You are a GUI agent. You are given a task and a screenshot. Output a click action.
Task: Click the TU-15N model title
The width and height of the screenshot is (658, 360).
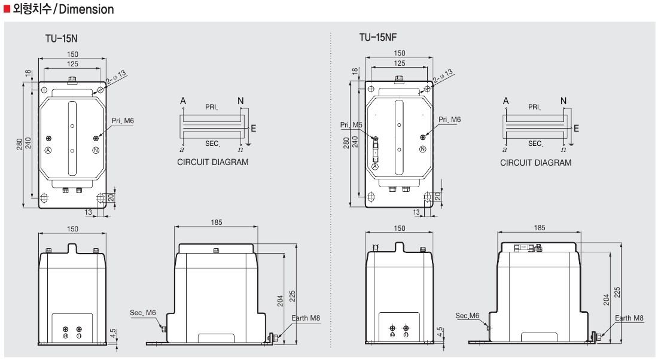coord(61,39)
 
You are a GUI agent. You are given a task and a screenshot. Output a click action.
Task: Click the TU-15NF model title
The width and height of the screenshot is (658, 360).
coord(377,37)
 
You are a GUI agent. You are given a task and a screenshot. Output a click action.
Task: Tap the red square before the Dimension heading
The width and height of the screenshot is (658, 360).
coord(7,8)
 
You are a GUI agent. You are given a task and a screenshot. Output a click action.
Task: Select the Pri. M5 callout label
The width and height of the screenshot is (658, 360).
coord(351,124)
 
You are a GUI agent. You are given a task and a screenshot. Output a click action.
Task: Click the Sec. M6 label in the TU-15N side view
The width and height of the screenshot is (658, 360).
coord(143,313)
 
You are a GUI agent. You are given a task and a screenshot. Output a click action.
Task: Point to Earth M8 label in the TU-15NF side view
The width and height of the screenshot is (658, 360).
coord(629,318)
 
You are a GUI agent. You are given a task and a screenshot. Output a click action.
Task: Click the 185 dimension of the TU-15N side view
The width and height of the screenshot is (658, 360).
coord(217,222)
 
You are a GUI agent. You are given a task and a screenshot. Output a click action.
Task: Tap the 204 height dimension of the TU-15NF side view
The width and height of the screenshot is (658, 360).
coord(607,300)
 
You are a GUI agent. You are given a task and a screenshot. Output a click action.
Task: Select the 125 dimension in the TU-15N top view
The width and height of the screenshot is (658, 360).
coord(72,64)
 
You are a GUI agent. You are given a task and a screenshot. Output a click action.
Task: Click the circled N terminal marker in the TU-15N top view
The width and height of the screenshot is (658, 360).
coord(96,150)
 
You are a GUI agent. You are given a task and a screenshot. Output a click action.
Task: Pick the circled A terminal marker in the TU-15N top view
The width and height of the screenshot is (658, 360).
coord(48,150)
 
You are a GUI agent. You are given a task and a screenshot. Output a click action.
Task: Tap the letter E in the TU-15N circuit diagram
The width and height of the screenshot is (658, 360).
coord(254,129)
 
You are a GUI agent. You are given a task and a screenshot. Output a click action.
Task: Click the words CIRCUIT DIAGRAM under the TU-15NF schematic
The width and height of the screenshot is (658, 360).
coord(535,163)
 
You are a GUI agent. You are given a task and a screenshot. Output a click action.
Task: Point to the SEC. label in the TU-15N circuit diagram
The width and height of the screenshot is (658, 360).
coord(213,144)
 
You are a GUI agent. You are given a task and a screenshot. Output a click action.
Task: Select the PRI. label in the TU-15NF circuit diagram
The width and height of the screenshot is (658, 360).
coord(534,107)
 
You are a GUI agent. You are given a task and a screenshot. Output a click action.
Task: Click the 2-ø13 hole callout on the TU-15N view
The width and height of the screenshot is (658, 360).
coord(116,78)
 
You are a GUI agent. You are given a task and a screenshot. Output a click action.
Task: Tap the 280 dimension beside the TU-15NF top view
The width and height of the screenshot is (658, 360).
coord(346,143)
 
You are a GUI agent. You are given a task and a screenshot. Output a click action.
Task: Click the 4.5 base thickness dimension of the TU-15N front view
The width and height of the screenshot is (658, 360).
coord(113,334)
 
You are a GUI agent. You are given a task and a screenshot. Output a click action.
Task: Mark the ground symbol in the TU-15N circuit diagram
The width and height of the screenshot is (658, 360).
coord(248,144)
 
